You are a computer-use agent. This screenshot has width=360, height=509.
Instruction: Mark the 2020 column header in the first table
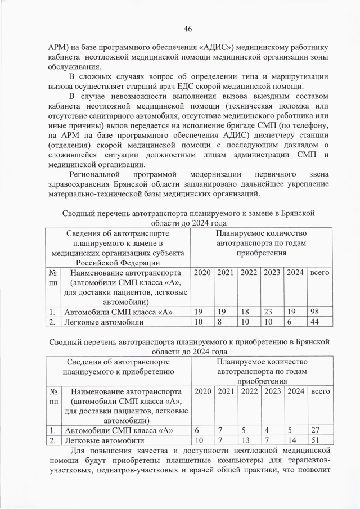[202, 272]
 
